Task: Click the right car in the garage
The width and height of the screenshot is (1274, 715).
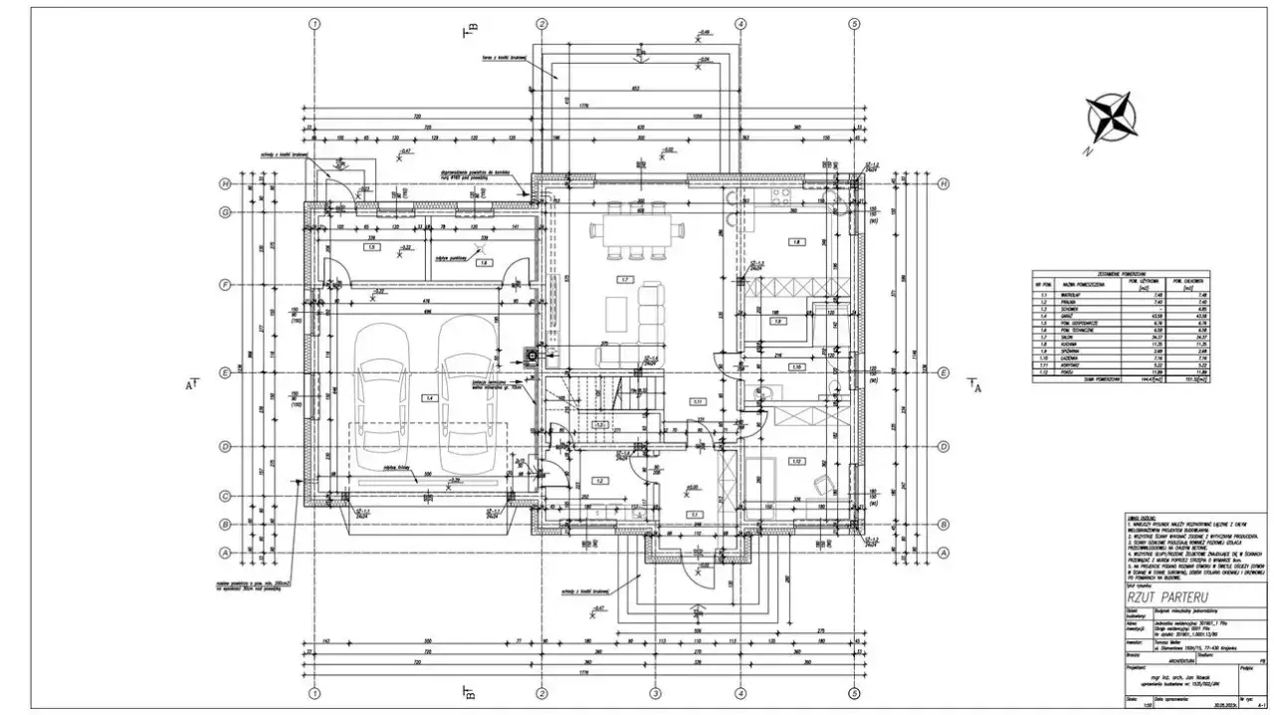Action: (466, 396)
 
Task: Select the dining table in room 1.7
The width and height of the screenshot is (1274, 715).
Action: (637, 230)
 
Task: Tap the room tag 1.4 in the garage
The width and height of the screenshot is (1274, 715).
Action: (429, 397)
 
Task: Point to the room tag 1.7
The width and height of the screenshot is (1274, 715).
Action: (625, 279)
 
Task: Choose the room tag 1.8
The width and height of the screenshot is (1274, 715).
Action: (796, 242)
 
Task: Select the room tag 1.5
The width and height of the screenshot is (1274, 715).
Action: (370, 247)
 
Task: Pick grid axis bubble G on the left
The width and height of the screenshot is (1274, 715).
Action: (226, 212)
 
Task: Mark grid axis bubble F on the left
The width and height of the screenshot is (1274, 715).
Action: (226, 285)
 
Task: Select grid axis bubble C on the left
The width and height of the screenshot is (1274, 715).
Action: (226, 496)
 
